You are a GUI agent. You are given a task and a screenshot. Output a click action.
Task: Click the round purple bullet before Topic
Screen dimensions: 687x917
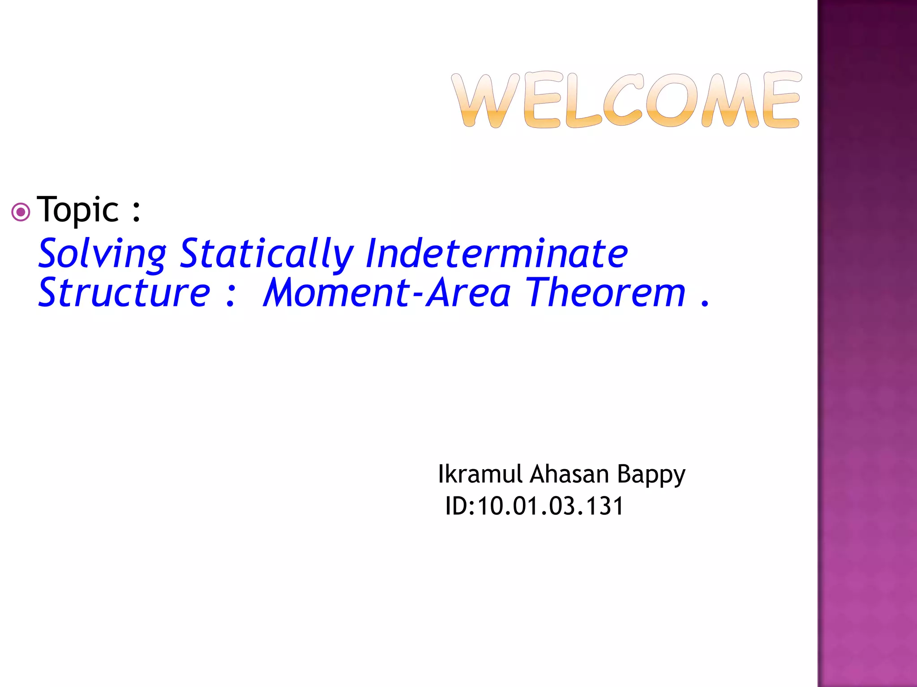[21, 212]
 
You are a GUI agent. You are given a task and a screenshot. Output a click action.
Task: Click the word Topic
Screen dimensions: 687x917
[78, 210]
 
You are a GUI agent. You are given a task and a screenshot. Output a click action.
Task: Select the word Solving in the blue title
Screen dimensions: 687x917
[102, 254]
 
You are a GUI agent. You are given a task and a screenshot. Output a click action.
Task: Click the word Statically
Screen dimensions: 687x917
[266, 254]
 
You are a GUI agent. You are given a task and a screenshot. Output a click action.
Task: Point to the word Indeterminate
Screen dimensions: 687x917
[497, 254]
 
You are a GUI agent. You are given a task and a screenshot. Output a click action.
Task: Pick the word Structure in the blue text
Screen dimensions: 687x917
[124, 293]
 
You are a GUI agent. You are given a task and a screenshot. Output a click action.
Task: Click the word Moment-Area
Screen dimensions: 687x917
[386, 293]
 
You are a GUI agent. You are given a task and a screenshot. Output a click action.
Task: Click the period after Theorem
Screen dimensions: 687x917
[705, 304]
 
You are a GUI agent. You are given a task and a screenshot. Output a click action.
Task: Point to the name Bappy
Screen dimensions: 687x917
[651, 475]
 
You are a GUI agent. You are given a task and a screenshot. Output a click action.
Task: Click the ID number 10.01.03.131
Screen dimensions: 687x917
[550, 506]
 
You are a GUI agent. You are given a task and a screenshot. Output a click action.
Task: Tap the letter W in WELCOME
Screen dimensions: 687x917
[485, 101]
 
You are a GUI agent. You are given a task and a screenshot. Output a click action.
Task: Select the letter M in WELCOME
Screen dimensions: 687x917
[730, 100]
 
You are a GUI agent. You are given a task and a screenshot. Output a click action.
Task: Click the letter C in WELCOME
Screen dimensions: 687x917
[623, 100]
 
